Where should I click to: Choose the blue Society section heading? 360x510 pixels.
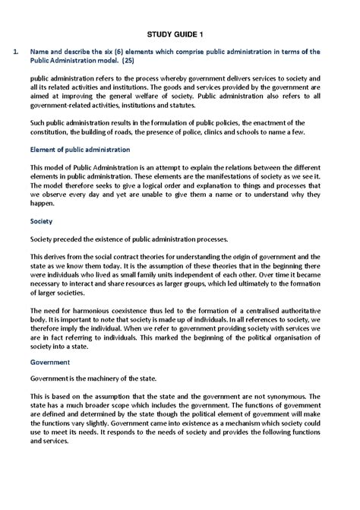pyautogui.click(x=41, y=223)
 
